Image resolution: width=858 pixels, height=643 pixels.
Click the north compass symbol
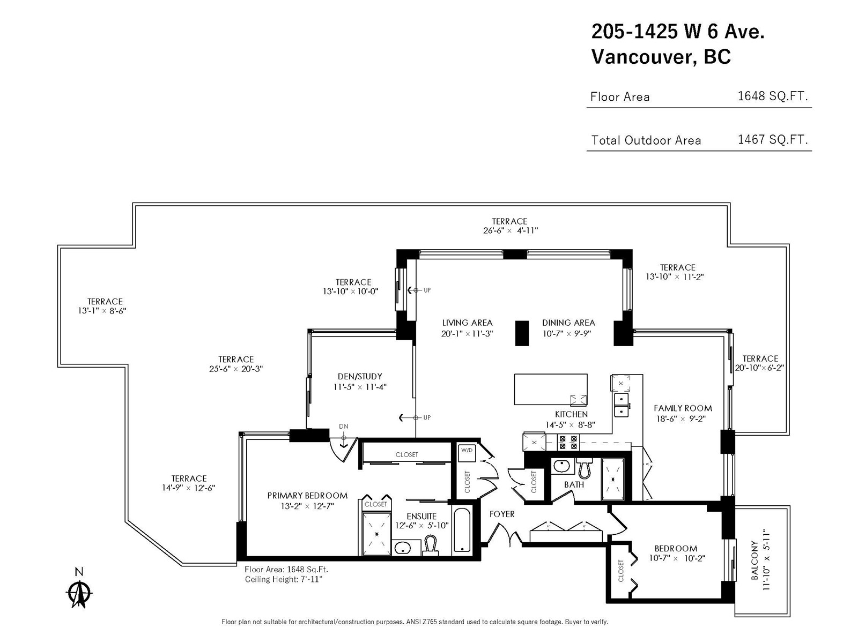(x=79, y=593)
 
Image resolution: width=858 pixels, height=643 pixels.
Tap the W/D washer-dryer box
(x=467, y=452)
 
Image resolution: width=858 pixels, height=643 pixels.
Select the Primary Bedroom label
(x=307, y=496)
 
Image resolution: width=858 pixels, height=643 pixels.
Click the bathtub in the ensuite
(x=462, y=530)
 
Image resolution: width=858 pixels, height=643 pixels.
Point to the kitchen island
(x=550, y=389)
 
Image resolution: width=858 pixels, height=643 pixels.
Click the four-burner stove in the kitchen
(x=568, y=443)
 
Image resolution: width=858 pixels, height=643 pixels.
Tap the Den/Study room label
(x=360, y=376)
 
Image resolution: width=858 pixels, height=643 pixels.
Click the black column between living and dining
(x=522, y=333)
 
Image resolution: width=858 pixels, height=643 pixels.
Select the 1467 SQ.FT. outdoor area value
(x=772, y=139)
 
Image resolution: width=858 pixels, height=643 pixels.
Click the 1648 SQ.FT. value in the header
(x=772, y=96)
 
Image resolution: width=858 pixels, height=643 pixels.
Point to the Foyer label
(x=502, y=514)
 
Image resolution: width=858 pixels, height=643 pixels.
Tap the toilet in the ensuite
(x=431, y=545)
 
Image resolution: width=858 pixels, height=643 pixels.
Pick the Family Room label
(x=683, y=408)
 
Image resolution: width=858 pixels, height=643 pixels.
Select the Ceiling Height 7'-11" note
(x=284, y=579)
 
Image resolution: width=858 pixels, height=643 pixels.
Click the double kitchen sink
(x=621, y=405)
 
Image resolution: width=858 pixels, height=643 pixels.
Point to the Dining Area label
(x=568, y=323)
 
